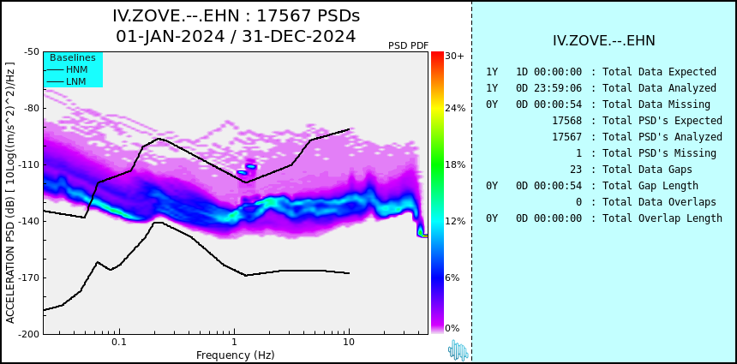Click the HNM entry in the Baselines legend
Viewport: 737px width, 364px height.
pos(76,69)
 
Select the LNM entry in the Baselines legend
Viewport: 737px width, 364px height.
pos(76,81)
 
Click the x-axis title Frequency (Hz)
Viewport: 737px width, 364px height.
pos(235,355)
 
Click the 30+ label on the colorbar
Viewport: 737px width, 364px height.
pos(454,57)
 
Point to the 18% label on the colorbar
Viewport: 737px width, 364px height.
pos(454,164)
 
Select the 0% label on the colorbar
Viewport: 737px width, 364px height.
pos(452,328)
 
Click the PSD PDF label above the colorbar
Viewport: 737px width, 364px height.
pos(408,45)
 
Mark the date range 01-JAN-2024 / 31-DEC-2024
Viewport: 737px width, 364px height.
pos(236,37)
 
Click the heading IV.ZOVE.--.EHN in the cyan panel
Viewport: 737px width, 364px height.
pos(604,40)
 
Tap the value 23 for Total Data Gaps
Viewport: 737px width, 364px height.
pos(575,170)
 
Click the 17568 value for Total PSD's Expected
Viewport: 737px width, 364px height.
pos(566,121)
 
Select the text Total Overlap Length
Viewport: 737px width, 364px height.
pos(662,218)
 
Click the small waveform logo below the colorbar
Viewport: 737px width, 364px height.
pos(458,349)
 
